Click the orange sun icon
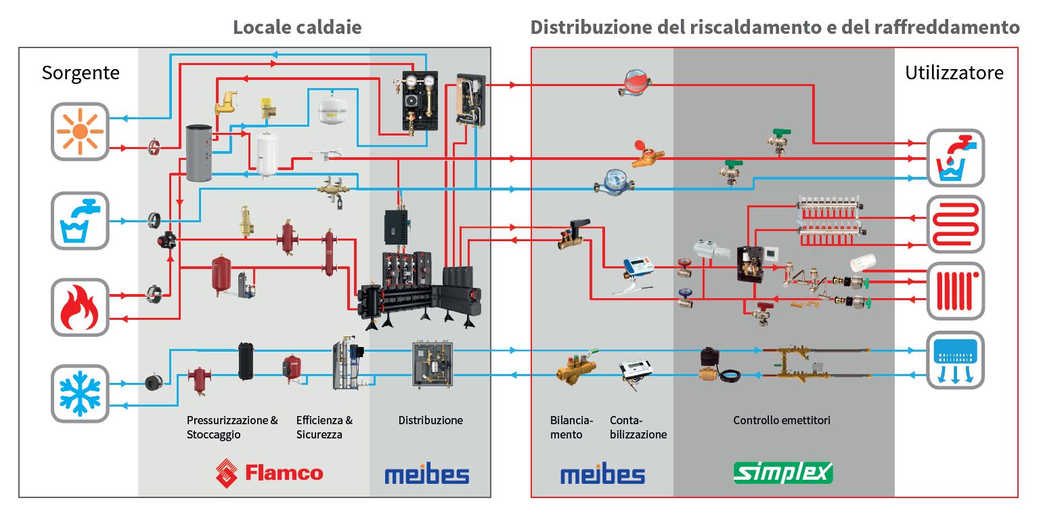(81, 131)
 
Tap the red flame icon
(80, 307)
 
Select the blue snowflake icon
(80, 393)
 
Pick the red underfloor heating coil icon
(955, 224)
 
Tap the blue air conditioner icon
(955, 360)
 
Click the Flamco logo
(269, 472)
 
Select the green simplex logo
(783, 472)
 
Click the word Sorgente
(81, 73)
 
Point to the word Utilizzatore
(954, 73)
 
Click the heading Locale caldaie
(297, 27)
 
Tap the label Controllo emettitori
(782, 420)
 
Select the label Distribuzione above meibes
(430, 420)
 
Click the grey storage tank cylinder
(198, 152)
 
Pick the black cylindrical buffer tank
(244, 360)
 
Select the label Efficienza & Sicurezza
(324, 427)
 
